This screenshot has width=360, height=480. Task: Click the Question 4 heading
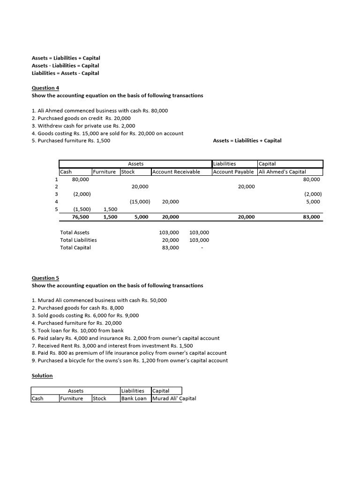pos(45,88)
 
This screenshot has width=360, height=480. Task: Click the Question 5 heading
pos(45,278)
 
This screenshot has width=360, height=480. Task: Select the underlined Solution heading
pos(42,375)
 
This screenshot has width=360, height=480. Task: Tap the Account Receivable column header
pos(176,172)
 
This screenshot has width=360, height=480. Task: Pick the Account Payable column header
pos(233,172)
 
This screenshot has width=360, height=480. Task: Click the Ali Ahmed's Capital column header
pos(282,172)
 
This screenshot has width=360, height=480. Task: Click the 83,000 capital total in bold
pos(311,217)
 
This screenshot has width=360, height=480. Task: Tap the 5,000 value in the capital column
pos(313,202)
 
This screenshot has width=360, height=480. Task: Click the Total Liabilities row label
pos(78,240)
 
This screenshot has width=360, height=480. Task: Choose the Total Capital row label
pos(75,247)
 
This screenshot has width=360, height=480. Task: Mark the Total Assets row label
pos(75,232)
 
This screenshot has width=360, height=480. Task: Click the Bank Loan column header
pos(134,398)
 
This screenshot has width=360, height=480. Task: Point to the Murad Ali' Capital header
pos(174,398)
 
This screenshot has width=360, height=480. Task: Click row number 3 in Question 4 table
pos(56,194)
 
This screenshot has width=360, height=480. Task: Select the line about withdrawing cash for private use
pos(83,126)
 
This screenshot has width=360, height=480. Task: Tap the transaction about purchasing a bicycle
pos(130,360)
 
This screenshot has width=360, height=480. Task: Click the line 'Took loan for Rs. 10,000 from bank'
pos(78,330)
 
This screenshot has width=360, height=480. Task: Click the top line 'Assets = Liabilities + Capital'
pos(66,58)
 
